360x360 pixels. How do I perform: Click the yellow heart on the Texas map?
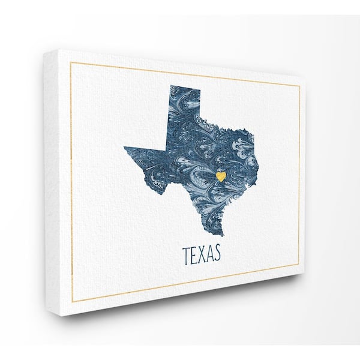[x=221, y=176]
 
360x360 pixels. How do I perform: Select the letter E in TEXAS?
[x=193, y=254]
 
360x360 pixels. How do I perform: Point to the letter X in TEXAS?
[x=202, y=254]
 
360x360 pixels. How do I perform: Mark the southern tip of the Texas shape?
[x=220, y=235]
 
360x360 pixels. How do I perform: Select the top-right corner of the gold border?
[x=299, y=85]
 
